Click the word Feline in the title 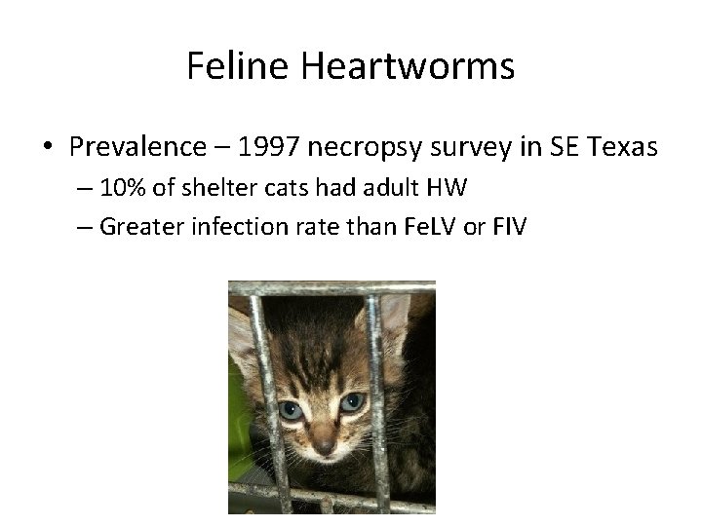(x=237, y=66)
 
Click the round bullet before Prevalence (x=47, y=148)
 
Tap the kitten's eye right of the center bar (x=350, y=401)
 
